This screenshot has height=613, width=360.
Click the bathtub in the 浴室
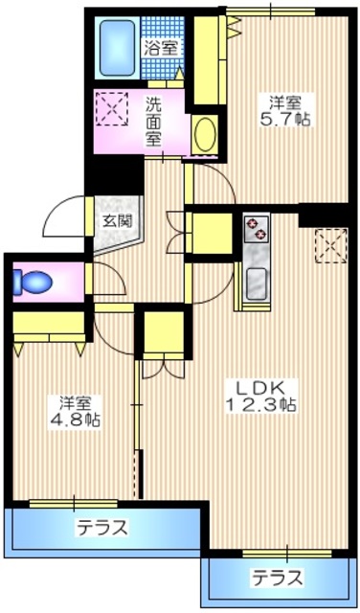point(117,48)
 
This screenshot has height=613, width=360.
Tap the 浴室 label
point(162,49)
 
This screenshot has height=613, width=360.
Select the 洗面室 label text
point(154,122)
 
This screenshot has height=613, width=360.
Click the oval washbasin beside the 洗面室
point(205,134)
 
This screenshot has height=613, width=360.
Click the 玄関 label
point(118,221)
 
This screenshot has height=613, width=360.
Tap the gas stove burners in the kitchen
point(256,228)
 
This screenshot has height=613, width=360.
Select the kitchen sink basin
point(256,284)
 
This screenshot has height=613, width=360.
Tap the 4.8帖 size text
point(75,420)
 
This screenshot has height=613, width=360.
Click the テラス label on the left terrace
point(102,529)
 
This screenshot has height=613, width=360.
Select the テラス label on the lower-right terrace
point(278,577)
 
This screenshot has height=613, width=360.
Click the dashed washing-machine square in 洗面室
point(112,108)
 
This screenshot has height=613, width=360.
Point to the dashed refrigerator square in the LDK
point(331,246)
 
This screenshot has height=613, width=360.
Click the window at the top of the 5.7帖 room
point(271,11)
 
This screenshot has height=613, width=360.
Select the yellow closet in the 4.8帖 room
point(49,328)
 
